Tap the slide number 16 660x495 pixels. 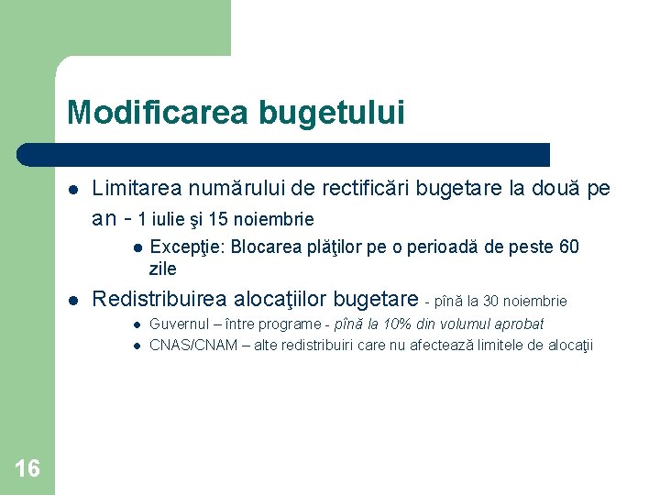[x=27, y=469]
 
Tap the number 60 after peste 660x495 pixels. [x=568, y=247]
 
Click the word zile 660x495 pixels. [x=163, y=269]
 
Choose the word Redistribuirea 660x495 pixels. [x=159, y=299]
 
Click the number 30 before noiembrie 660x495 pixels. [x=492, y=301]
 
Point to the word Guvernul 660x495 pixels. [x=179, y=324]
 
